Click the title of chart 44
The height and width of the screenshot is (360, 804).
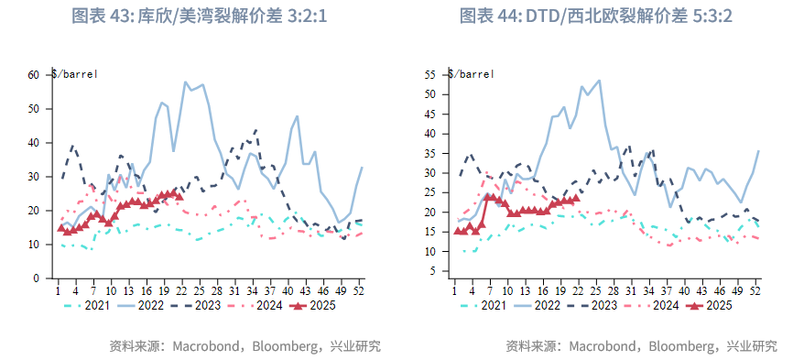[596, 16]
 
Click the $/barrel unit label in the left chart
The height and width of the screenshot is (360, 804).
[74, 74]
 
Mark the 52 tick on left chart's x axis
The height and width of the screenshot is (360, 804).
[362, 291]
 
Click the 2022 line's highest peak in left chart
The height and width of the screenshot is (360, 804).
[185, 82]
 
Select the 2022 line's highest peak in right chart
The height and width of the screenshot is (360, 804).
[599, 80]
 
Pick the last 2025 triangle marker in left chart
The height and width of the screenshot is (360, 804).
[179, 195]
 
